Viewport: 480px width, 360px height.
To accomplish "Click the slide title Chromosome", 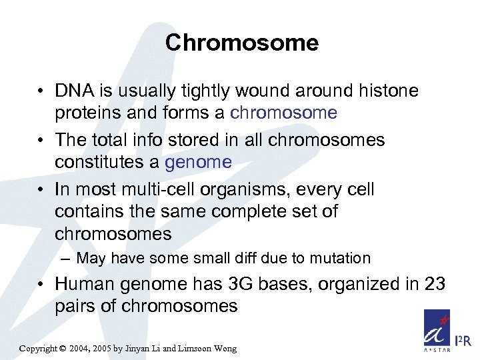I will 241,43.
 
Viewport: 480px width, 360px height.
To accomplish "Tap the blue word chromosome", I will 283,113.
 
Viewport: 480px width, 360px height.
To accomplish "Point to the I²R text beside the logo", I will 463,341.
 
